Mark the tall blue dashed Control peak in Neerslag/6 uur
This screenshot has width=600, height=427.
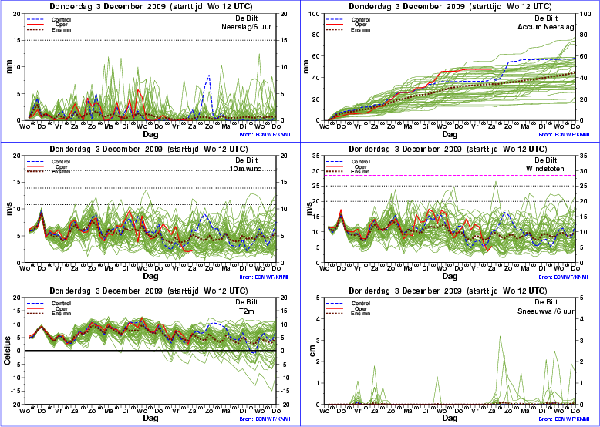[209, 76]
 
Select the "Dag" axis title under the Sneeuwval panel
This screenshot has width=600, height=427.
[449, 419]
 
